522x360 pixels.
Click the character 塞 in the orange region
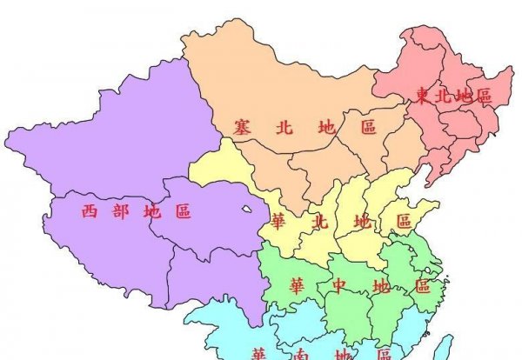(x=243, y=127)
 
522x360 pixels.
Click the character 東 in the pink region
(x=422, y=96)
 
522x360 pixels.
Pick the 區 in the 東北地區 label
(x=484, y=96)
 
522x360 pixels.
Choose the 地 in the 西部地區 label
(x=151, y=210)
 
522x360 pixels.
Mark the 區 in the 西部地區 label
(x=183, y=210)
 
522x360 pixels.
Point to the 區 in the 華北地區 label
(x=404, y=221)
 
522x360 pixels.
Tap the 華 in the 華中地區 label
(x=298, y=284)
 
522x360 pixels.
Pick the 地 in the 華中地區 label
(x=381, y=286)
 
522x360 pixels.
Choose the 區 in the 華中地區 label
(x=423, y=286)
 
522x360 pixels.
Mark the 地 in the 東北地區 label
(x=464, y=96)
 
